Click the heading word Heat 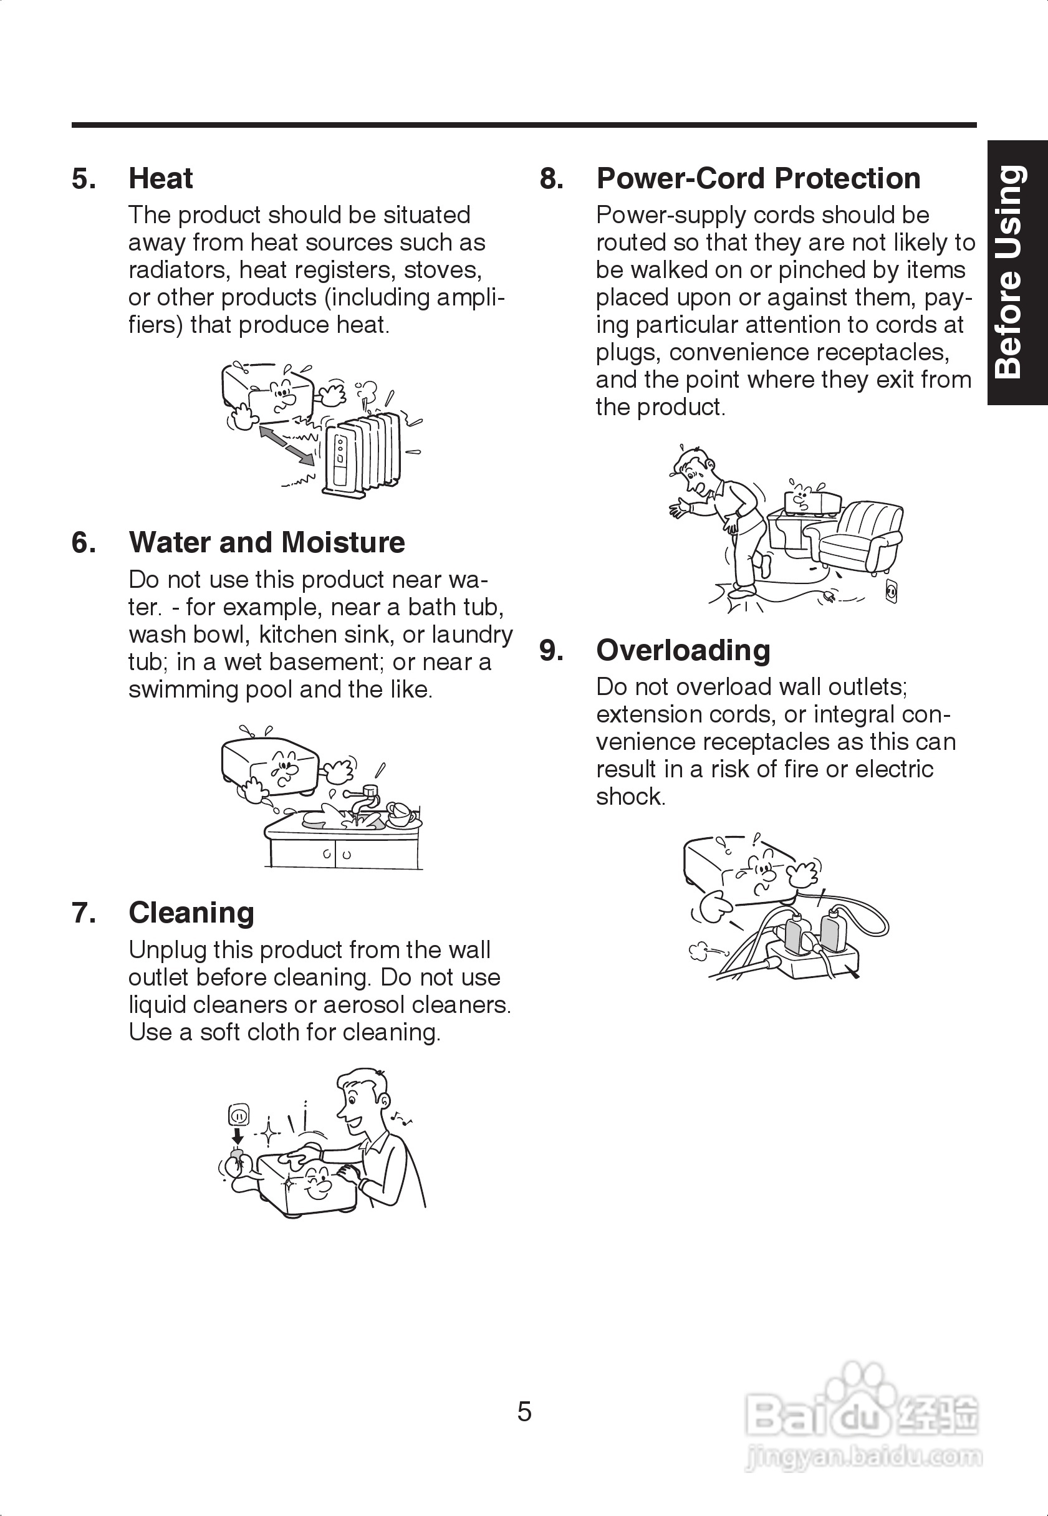[160, 178]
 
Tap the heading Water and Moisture [266, 543]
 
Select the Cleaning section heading [191, 913]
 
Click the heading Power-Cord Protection [757, 178]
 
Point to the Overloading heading [683, 650]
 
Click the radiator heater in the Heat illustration [362, 453]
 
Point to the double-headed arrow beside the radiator [286, 445]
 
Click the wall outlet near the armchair [891, 591]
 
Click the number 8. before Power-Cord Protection [552, 178]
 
